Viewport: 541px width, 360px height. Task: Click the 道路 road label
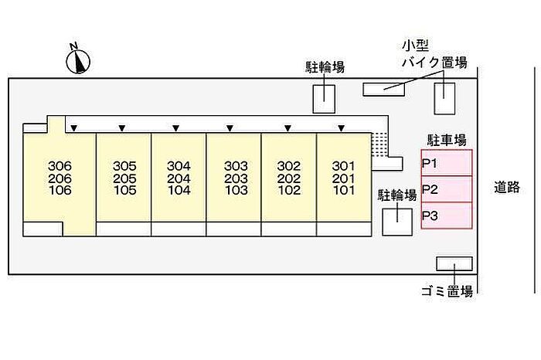pyautogui.click(x=507, y=187)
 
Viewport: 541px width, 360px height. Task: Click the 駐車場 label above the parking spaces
pyautogui.click(x=447, y=140)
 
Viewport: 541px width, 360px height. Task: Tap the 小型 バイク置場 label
pyautogui.click(x=433, y=54)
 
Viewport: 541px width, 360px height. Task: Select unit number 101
pyautogui.click(x=343, y=190)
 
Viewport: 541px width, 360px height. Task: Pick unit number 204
pyautogui.click(x=179, y=178)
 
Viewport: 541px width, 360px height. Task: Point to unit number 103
pyautogui.click(x=235, y=190)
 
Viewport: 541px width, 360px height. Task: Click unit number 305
pyautogui.click(x=124, y=166)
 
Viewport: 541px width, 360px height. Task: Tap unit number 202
pyautogui.click(x=289, y=178)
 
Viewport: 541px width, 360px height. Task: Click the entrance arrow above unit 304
pyautogui.click(x=176, y=127)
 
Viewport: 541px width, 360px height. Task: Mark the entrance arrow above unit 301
pyautogui.click(x=341, y=127)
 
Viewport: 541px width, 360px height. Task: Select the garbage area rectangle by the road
pyautogui.click(x=454, y=263)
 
